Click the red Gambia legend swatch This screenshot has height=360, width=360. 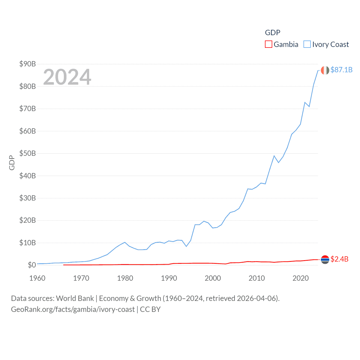pyautogui.click(x=269, y=44)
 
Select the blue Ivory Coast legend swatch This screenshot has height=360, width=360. pyautogui.click(x=307, y=44)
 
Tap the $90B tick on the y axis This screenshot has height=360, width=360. pyautogui.click(x=28, y=64)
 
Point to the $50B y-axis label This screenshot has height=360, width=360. pyautogui.click(x=28, y=153)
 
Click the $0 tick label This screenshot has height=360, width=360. pyautogui.click(x=32, y=265)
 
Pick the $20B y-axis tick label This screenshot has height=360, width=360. pyautogui.click(x=28, y=220)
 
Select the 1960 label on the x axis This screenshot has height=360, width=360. pyautogui.click(x=37, y=278)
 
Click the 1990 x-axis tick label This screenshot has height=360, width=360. pyautogui.click(x=169, y=278)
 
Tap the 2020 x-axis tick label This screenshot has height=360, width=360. pyautogui.click(x=301, y=278)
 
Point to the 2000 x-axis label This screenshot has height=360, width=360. pyautogui.click(x=213, y=278)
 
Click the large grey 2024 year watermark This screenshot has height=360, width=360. pyautogui.click(x=67, y=77)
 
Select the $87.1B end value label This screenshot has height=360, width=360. pyautogui.click(x=341, y=70)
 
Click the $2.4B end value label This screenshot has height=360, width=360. pyautogui.click(x=339, y=259)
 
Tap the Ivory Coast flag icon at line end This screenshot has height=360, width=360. pyautogui.click(x=325, y=70)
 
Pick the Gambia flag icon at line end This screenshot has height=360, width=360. pyautogui.click(x=325, y=260)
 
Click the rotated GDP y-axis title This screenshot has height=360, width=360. pyautogui.click(x=12, y=163)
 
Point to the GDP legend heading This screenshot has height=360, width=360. pyautogui.click(x=273, y=33)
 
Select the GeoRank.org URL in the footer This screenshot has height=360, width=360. pyautogui.click(x=73, y=309)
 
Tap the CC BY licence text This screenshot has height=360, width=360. pyautogui.click(x=150, y=309)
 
